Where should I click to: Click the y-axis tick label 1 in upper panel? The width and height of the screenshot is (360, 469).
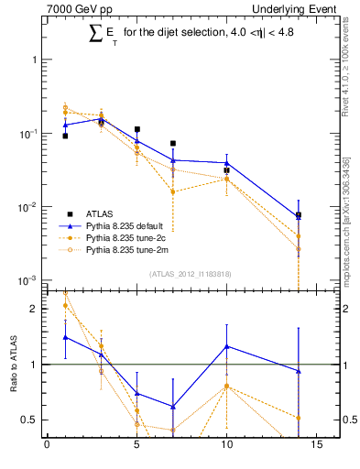click(x=35, y=60)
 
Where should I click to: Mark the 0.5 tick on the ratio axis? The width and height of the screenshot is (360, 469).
click(x=30, y=420)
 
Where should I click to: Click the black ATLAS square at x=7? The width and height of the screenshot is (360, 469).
click(x=172, y=144)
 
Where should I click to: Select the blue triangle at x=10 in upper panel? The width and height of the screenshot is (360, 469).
click(x=226, y=163)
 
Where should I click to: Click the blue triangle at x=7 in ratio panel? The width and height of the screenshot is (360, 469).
click(x=172, y=407)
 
